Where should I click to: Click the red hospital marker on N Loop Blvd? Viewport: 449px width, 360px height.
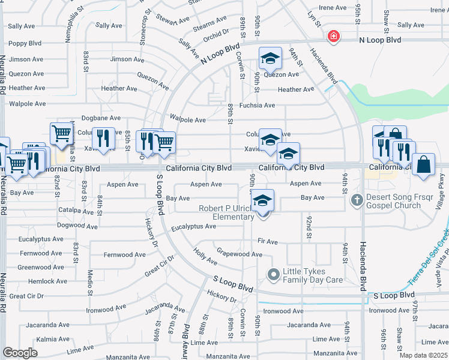[333, 37]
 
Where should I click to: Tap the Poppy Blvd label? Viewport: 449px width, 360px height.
[25, 43]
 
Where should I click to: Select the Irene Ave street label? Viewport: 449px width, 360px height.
[333, 8]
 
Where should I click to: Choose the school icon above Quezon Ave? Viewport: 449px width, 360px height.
[270, 58]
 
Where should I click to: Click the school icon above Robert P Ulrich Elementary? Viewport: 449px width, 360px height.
[262, 200]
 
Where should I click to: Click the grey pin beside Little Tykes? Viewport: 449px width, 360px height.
[273, 275]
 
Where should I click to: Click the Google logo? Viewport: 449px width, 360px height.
[20, 353]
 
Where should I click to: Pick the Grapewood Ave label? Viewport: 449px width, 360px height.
[239, 254]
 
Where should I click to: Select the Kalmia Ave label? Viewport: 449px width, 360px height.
[36, 339]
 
